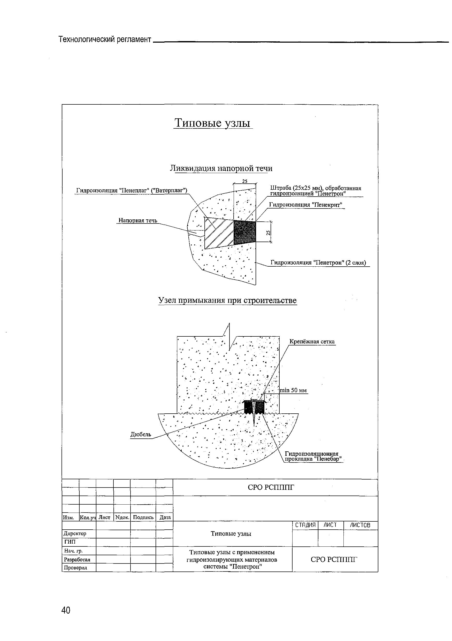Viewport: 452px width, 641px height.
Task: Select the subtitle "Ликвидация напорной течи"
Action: pyautogui.click(x=221, y=168)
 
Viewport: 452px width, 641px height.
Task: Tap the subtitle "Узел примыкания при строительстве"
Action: pyautogui.click(x=227, y=300)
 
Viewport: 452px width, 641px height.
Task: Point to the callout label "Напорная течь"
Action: pyautogui.click(x=138, y=220)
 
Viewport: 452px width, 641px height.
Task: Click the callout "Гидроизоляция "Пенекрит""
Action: pyautogui.click(x=305, y=205)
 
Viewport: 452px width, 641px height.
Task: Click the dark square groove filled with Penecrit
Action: pyautogui.click(x=245, y=232)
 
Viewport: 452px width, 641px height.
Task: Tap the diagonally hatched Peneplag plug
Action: pyautogui.click(x=219, y=233)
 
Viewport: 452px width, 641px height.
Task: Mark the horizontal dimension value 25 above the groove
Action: pyautogui.click(x=244, y=181)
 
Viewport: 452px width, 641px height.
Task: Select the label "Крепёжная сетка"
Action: pyautogui.click(x=312, y=342)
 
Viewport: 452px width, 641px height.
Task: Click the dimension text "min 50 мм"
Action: pyautogui.click(x=293, y=390)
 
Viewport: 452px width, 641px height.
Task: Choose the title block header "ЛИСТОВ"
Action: pyautogui.click(x=361, y=525)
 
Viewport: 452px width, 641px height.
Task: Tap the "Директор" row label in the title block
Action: pyautogui.click(x=75, y=533)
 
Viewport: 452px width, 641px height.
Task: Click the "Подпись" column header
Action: pyautogui.click(x=143, y=517)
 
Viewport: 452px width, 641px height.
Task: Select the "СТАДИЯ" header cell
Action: pyautogui.click(x=305, y=525)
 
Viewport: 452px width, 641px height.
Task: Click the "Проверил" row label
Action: pyautogui.click(x=75, y=568)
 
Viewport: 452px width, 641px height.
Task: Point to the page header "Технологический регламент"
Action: pyautogui.click(x=105, y=39)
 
